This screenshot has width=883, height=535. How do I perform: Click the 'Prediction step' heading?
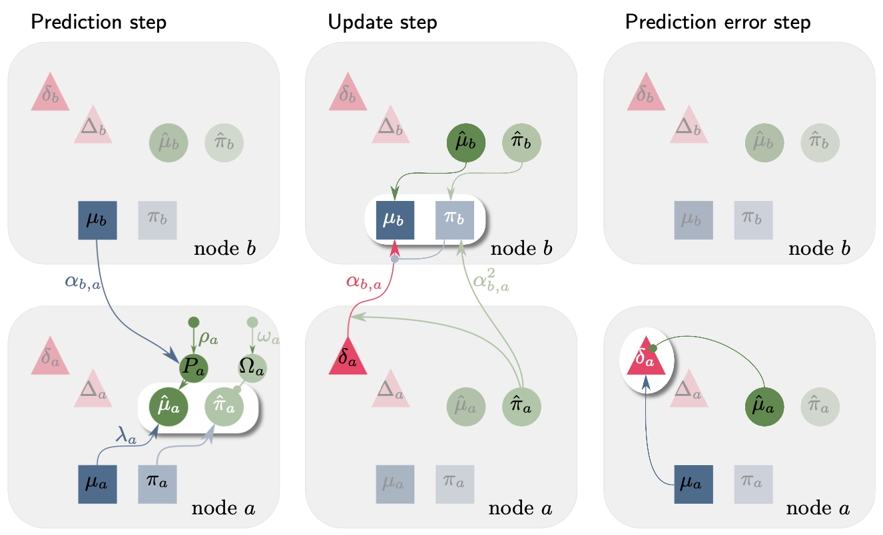(x=98, y=23)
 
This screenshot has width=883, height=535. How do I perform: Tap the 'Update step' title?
(x=382, y=23)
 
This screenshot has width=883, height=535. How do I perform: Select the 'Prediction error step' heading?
(x=718, y=23)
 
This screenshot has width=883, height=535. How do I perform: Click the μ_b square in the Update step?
(x=395, y=220)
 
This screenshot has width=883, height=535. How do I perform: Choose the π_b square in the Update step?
(x=453, y=220)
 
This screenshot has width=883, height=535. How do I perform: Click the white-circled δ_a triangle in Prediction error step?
(x=647, y=359)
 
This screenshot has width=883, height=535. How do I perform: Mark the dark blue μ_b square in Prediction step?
(x=97, y=220)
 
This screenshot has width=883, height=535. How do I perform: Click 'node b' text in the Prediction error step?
(x=818, y=250)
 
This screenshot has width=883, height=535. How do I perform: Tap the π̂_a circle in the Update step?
(x=521, y=405)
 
